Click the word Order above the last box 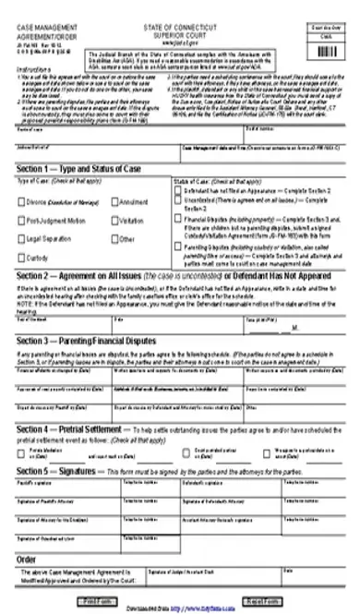(28, 558)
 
